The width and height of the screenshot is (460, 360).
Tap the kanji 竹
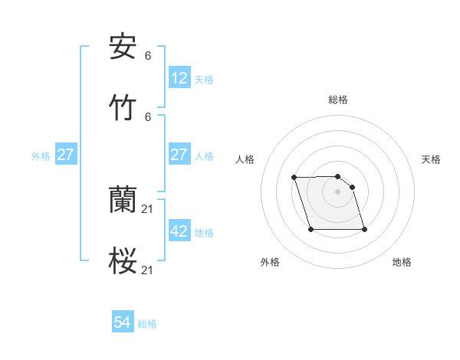point(123,107)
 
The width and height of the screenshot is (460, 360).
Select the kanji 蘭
point(123,201)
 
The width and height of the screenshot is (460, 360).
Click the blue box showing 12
point(179,77)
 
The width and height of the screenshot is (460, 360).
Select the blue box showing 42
point(179,231)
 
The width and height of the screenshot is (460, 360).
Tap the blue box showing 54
point(123,323)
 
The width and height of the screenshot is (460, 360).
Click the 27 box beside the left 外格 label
point(66,155)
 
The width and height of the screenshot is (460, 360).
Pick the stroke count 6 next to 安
point(148,56)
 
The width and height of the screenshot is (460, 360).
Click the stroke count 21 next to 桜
point(149,270)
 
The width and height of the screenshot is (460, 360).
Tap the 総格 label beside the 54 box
point(147,324)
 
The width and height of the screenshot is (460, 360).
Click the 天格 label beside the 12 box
point(204,79)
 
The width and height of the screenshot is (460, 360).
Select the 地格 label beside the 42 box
point(204,233)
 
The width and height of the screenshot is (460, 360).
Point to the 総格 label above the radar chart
point(338,100)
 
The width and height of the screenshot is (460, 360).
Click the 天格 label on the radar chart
point(431,159)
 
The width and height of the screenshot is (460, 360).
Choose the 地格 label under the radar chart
point(402,262)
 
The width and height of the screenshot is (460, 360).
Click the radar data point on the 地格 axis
point(364,229)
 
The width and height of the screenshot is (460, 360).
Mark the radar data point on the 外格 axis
point(310,229)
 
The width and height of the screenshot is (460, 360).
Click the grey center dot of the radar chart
point(337,191)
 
